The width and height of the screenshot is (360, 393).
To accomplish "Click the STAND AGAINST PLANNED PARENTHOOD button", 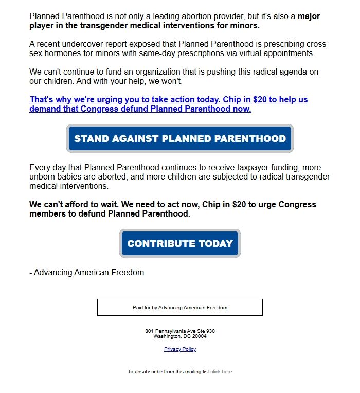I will coord(180,138).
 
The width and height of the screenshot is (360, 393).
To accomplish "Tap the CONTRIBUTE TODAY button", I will coord(180,243).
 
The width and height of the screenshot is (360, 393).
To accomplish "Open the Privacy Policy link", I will coord(180,349).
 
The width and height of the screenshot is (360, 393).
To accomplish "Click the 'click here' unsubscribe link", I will coord(221,372).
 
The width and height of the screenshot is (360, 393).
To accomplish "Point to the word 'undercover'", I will coord(76,44).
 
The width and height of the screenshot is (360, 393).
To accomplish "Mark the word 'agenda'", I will coord(288,72).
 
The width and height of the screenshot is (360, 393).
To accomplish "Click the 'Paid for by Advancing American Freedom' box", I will coord(180,308).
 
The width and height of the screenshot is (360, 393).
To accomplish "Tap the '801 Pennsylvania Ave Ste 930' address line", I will coord(180,331).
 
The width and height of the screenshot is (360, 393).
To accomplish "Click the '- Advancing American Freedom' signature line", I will coord(86,272).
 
